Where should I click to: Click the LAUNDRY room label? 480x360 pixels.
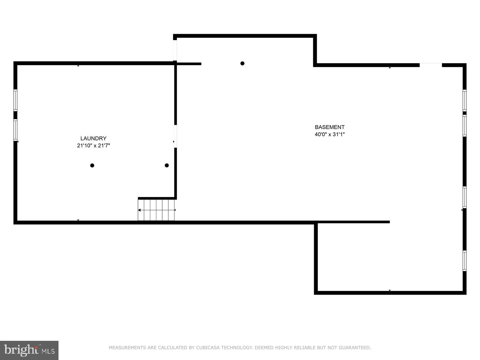point(93,138)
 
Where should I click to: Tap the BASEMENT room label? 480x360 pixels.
point(329,127)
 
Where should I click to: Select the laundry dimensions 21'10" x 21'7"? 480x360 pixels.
point(93,145)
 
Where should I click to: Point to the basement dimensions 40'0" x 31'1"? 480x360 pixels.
point(329,134)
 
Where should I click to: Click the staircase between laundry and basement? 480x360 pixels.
point(156,210)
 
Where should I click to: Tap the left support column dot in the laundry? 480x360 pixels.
point(92,166)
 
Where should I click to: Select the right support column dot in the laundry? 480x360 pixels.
point(166,166)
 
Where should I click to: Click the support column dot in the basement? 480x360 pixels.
point(242,63)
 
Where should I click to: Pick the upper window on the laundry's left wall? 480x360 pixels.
point(15,100)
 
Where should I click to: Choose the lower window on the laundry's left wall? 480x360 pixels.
point(15,130)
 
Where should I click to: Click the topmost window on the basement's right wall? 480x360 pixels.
point(464,100)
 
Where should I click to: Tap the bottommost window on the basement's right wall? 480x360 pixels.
point(464,261)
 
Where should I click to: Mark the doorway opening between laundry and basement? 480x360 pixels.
point(175,136)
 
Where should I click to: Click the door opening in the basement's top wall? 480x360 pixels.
point(430,65)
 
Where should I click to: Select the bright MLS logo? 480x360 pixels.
point(29,350)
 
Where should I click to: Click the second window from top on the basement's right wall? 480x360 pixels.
point(464,126)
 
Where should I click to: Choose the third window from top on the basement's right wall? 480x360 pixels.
point(464,197)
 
